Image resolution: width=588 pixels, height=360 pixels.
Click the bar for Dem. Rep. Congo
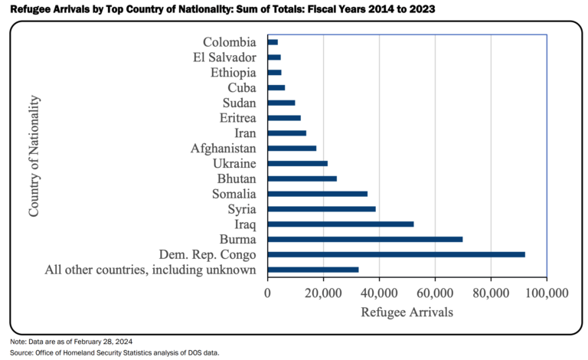[397, 254]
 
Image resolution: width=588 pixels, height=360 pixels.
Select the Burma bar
[365, 239]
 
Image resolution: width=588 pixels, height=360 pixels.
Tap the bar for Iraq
[341, 224]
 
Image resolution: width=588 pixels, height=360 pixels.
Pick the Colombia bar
[273, 42]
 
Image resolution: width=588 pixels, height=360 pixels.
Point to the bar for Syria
[322, 209]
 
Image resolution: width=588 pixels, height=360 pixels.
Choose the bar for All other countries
[313, 270]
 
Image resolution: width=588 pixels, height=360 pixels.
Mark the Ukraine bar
[298, 163]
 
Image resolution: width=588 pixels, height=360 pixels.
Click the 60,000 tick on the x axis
[435, 293]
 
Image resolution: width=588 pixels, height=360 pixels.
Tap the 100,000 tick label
[547, 293]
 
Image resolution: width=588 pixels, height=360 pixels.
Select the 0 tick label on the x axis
[267, 293]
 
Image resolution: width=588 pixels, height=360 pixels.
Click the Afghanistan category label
[224, 149]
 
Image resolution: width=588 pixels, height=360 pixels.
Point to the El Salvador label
[224, 57]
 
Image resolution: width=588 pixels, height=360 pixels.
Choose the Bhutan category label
[237, 179]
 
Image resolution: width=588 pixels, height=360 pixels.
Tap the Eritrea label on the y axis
[238, 118]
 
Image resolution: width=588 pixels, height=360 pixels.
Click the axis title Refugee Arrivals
[407, 312]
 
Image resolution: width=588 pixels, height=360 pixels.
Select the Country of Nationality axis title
[34, 156]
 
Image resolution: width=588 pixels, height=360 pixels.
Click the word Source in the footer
[21, 353]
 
